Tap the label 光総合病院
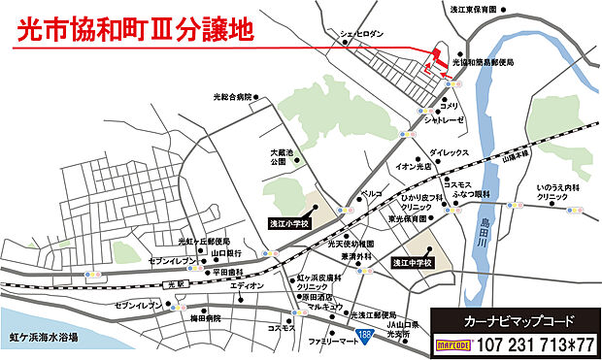[x=231, y=97]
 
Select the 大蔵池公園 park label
[x=280, y=157]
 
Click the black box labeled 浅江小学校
[x=288, y=223]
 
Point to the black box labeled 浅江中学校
[x=412, y=263]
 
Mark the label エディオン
[x=247, y=286]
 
